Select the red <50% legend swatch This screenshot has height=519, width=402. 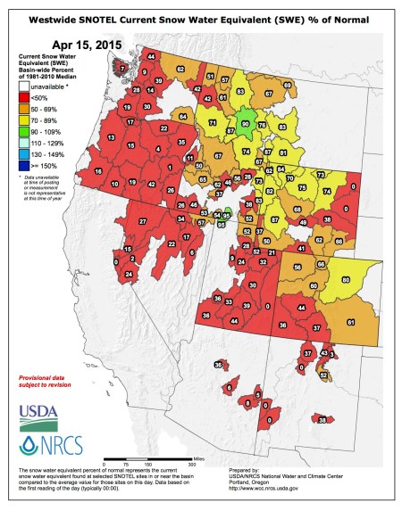click(x=24, y=100)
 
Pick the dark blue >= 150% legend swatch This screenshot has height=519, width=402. click(x=24, y=167)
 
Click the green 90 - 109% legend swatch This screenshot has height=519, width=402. click(x=24, y=133)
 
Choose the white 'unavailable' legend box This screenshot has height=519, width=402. click(x=24, y=88)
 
